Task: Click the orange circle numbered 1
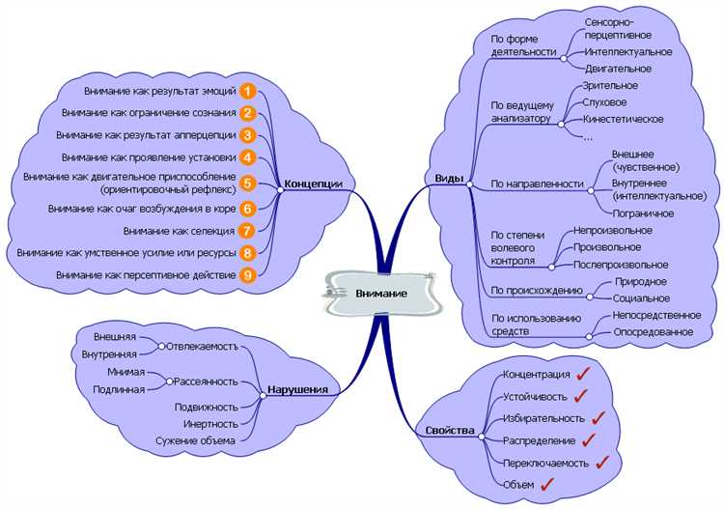coord(248,92)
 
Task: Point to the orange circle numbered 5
coord(248,183)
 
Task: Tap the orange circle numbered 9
coord(248,275)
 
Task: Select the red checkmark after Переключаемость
coord(603,462)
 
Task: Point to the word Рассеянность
coord(206,382)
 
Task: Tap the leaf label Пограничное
coord(642,212)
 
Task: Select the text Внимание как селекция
coord(179,231)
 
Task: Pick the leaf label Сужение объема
coord(196,440)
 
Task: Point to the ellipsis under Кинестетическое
coord(588,136)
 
